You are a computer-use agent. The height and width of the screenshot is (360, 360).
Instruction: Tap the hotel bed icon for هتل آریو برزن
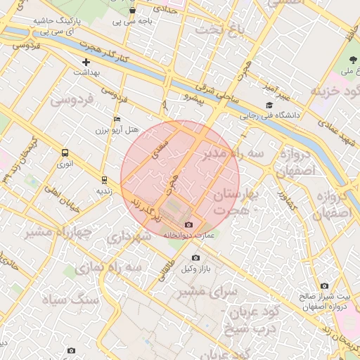click(117, 120)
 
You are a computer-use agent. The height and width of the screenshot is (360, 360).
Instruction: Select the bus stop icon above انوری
click(65, 153)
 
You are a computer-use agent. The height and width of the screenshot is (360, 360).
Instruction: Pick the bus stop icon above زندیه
click(104, 179)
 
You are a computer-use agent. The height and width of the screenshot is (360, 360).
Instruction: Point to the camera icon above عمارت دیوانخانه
click(188, 224)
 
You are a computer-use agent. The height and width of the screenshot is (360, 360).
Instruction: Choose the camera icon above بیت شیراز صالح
click(324, 285)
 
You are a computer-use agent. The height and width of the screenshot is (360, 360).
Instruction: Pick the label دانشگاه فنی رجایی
click(271, 114)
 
